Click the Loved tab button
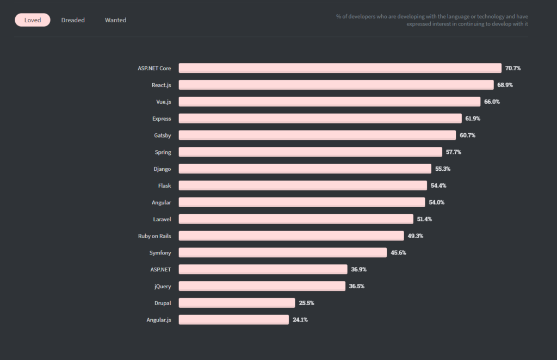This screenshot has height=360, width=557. [33, 20]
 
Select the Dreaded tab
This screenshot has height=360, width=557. [73, 20]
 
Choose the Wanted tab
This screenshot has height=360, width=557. [115, 20]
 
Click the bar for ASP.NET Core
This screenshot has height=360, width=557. [340, 68]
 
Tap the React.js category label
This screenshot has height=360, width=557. [161, 85]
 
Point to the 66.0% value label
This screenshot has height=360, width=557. [492, 102]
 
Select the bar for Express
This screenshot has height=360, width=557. [320, 119]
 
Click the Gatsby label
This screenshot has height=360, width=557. [162, 135]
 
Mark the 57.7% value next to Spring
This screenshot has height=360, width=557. [453, 152]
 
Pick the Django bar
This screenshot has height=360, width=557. [305, 169]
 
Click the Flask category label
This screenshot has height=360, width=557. [164, 185]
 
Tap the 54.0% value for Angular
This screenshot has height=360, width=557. [436, 202]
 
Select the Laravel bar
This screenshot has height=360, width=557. [296, 219]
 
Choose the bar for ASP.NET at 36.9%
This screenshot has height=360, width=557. [263, 269]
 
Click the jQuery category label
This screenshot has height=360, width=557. [163, 286]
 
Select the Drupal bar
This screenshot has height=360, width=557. [237, 303]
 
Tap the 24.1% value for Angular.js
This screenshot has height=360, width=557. [300, 320]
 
